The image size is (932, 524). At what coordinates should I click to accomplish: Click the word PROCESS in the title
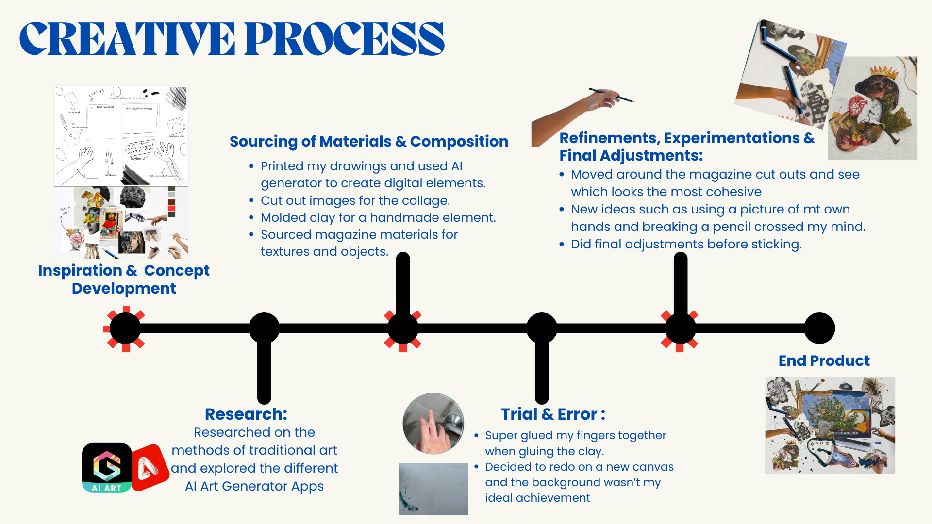(x=345, y=39)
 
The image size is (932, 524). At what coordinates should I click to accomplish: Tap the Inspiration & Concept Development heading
(x=124, y=279)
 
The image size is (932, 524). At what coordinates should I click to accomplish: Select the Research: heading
(x=246, y=414)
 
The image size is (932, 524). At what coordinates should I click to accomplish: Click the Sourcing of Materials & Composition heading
(x=369, y=141)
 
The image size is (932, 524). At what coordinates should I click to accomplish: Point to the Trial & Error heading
(x=553, y=414)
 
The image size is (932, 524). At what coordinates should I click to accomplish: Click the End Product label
(x=824, y=360)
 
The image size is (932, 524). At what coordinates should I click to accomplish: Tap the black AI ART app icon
(x=107, y=468)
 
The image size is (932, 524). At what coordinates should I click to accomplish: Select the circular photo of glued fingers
(x=433, y=424)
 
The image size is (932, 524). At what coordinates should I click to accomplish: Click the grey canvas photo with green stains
(x=433, y=489)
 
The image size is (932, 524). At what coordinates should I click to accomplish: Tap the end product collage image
(x=830, y=425)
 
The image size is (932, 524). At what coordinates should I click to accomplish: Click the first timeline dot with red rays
(x=125, y=328)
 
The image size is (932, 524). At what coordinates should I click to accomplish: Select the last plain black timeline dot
(x=819, y=328)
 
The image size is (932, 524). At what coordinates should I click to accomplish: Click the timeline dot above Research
(x=264, y=328)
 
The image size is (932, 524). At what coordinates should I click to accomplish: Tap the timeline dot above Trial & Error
(x=542, y=328)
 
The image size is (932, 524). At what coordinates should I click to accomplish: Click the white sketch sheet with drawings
(x=121, y=136)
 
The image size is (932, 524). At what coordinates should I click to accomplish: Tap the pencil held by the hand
(x=613, y=95)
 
